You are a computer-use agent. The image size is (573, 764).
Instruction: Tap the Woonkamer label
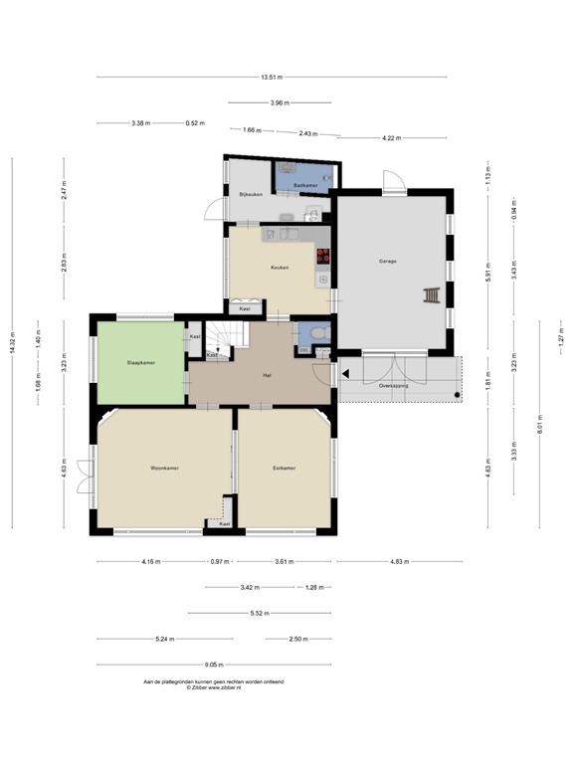164,468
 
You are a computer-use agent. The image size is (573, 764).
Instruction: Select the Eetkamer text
285,468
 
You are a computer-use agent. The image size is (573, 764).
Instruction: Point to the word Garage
387,262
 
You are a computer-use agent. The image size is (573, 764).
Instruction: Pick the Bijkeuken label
251,194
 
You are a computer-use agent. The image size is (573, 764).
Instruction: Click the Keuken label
280,268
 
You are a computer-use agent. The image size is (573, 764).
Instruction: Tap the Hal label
267,375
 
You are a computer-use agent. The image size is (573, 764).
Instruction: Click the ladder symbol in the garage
432,295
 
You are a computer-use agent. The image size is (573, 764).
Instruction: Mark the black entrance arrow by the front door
344,374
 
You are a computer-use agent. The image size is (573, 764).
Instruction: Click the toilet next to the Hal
317,334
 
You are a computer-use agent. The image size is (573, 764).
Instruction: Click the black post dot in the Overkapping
457,396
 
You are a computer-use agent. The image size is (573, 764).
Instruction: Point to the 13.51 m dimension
272,77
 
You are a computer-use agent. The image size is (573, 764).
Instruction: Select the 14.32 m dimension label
13,341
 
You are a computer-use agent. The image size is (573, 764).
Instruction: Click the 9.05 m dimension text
214,665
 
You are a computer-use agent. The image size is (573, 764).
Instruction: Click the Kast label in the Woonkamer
225,523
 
